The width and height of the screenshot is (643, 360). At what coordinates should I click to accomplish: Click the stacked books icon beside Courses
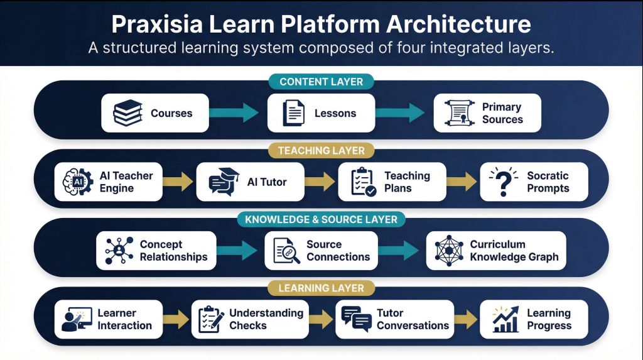click(128, 114)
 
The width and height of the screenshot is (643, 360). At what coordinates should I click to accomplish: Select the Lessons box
click(321, 114)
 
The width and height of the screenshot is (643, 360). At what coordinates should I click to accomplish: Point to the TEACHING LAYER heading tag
click(321, 151)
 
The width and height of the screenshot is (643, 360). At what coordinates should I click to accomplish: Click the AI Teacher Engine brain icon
click(78, 182)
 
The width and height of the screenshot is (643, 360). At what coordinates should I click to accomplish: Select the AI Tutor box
click(250, 182)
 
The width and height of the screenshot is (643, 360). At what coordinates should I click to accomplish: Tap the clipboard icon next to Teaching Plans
click(363, 182)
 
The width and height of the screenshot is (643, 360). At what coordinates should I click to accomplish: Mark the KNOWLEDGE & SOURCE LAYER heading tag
click(321, 219)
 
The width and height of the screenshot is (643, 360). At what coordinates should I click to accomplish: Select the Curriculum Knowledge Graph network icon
click(449, 251)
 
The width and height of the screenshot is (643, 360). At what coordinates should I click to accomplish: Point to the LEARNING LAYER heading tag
click(321, 288)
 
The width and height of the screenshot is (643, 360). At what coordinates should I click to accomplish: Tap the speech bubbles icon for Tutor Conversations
click(356, 319)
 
